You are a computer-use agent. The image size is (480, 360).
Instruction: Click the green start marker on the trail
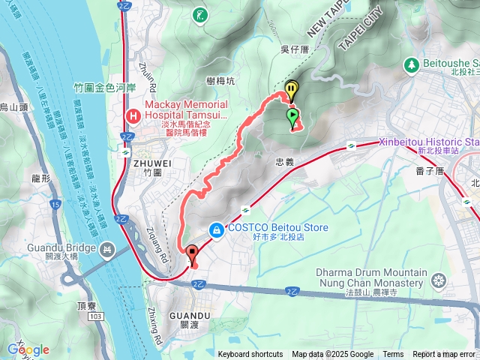292,115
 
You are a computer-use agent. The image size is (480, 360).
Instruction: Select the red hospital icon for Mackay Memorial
133,116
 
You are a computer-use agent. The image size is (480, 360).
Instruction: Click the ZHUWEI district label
146,161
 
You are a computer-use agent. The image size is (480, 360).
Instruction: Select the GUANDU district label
189,316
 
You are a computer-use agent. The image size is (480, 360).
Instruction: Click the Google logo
28,349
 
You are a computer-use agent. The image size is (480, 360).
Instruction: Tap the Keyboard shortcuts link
251,355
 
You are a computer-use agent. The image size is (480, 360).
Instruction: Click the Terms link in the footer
393,355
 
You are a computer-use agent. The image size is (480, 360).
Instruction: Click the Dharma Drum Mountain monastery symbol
439,282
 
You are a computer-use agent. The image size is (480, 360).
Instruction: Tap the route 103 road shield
94,297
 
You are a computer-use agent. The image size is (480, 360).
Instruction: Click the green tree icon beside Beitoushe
412,65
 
